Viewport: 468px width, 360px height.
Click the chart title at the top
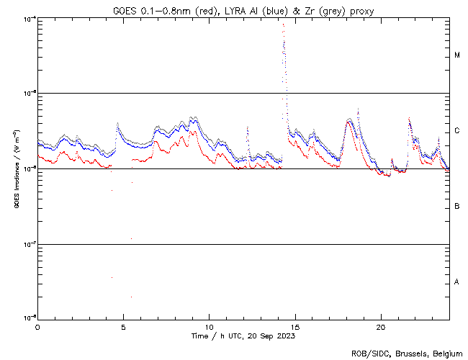click(x=243, y=10)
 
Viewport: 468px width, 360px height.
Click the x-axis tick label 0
click(x=37, y=326)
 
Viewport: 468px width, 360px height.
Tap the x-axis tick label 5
click(x=123, y=326)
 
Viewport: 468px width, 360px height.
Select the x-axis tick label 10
click(x=209, y=326)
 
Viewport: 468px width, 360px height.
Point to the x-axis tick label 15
click(x=294, y=326)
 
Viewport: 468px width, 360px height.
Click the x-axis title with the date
click(x=243, y=336)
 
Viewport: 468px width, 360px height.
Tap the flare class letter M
click(x=457, y=55)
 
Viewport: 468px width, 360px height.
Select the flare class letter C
click(x=457, y=131)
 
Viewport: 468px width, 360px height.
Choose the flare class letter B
click(x=457, y=207)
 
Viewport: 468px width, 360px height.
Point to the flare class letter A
click(x=457, y=282)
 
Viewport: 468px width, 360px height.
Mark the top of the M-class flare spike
click(x=283, y=24)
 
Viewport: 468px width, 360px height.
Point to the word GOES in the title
click(x=125, y=10)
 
